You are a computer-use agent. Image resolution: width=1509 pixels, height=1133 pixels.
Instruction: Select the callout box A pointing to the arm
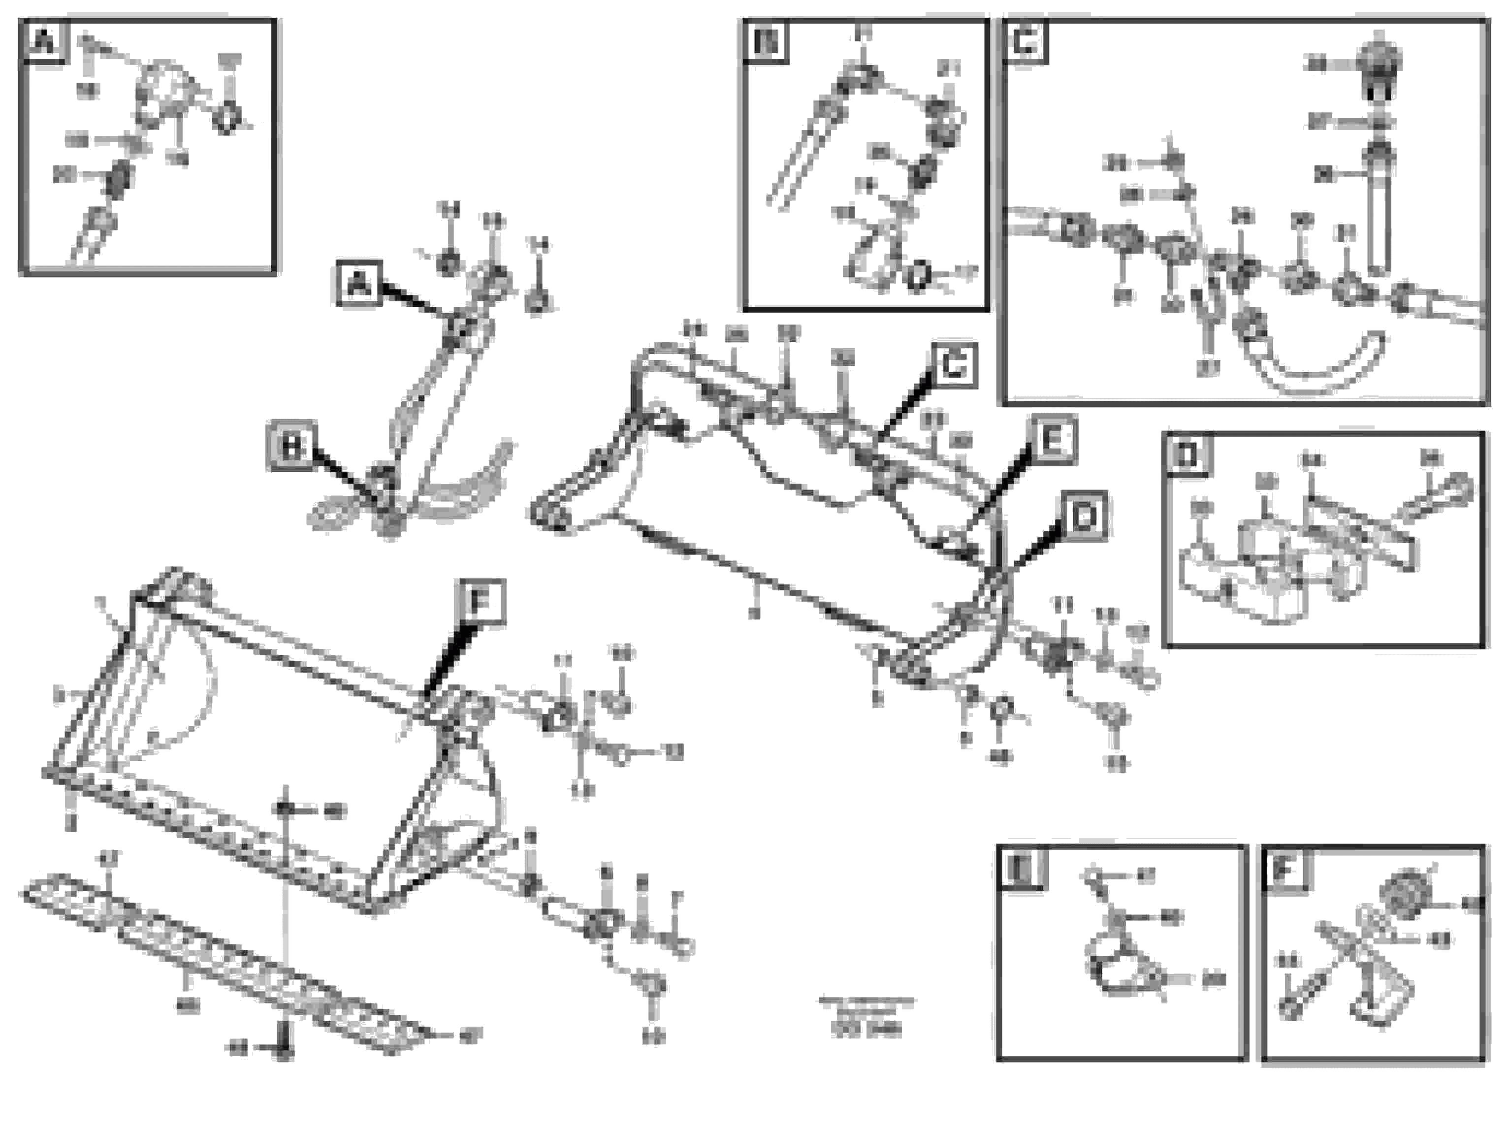(358, 283)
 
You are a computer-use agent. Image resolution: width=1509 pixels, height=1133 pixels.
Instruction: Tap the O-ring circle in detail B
(918, 275)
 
